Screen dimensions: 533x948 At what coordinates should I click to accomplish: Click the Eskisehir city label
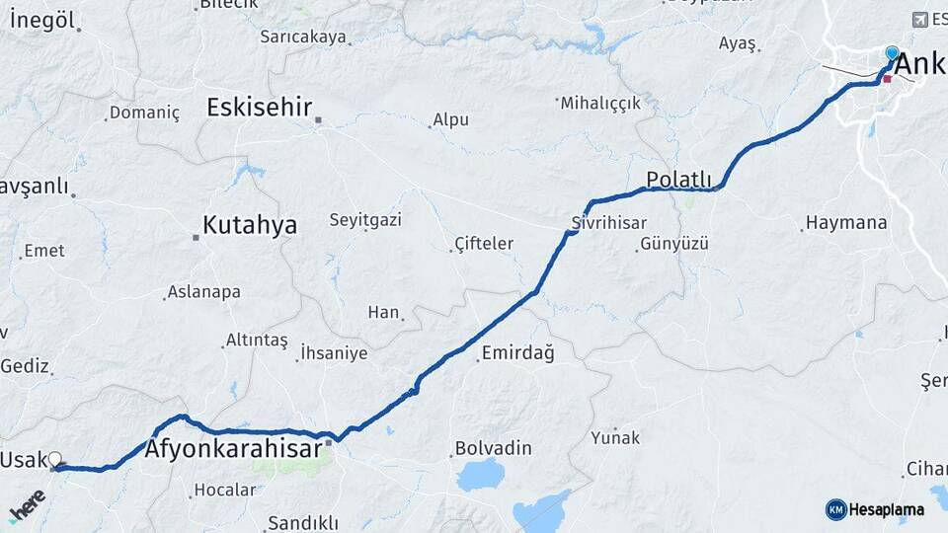(x=259, y=107)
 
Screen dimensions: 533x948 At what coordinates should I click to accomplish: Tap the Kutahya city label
(x=249, y=225)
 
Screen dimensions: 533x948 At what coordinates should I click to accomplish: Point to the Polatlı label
(x=678, y=179)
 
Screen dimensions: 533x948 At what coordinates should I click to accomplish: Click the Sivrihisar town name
(x=608, y=222)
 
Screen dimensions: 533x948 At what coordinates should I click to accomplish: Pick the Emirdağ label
(x=517, y=353)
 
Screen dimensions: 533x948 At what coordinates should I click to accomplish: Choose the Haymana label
(x=846, y=223)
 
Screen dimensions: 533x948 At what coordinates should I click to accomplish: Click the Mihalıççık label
(x=601, y=102)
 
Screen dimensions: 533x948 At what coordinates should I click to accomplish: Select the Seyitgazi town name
(x=365, y=219)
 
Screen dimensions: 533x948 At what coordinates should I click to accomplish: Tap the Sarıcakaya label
(x=303, y=37)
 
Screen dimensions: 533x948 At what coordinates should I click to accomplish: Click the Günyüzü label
(x=674, y=244)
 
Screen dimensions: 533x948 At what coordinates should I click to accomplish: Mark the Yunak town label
(x=615, y=437)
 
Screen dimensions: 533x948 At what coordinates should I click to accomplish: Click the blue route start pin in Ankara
(x=892, y=52)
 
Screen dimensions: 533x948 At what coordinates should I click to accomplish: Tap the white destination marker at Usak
(x=55, y=459)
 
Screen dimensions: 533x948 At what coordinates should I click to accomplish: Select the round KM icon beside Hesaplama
(x=835, y=509)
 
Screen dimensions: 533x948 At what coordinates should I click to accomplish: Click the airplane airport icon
(x=921, y=20)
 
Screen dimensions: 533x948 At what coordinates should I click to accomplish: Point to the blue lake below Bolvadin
(x=481, y=475)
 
